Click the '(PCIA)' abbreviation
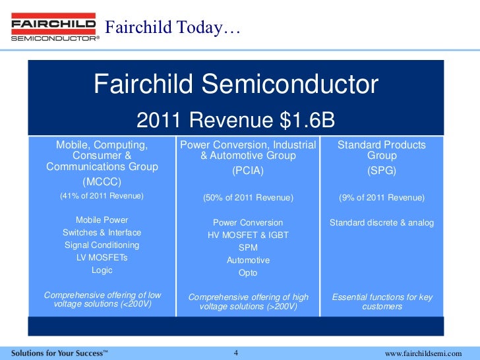[248, 171]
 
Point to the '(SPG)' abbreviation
[382, 171]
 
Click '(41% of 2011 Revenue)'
[102, 196]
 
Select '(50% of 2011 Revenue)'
[248, 198]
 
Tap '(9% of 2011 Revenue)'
[382, 198]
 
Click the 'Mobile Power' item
[102, 220]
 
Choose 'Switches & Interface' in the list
[102, 233]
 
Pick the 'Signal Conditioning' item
[102, 245]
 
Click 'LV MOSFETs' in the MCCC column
[102, 258]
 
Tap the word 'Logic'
[102, 270]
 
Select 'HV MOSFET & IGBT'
[248, 235]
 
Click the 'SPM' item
[248, 248]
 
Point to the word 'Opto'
[248, 273]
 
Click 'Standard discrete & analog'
[382, 223]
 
